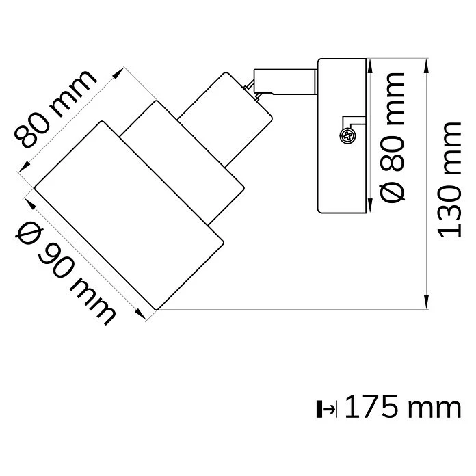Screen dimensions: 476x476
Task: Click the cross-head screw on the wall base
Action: click(x=347, y=135)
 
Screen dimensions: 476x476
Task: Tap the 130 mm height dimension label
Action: click(x=449, y=180)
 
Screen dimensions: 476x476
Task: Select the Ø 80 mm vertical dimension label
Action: click(x=392, y=137)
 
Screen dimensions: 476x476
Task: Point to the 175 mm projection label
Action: click(x=403, y=407)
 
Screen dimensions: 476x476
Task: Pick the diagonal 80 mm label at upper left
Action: click(x=55, y=108)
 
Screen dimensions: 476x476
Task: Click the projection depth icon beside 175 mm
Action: click(x=326, y=409)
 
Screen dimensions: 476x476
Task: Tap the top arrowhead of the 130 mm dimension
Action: click(x=427, y=66)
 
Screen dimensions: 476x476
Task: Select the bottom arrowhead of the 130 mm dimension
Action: click(x=427, y=302)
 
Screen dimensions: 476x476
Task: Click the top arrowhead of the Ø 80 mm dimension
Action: click(x=370, y=66)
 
